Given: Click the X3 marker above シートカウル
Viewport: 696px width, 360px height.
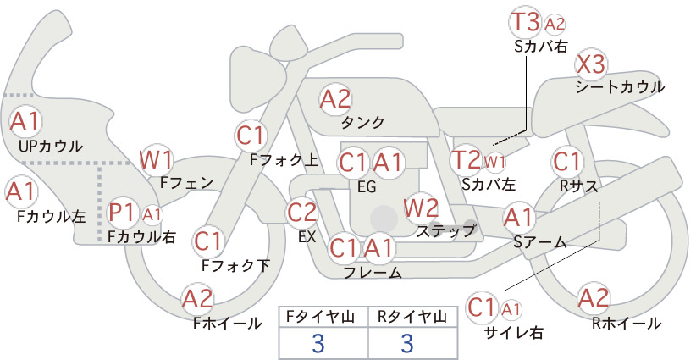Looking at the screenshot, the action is (591, 65).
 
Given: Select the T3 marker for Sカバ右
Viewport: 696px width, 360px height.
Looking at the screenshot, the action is (525, 23).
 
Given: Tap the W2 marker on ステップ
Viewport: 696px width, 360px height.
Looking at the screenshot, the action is (421, 208).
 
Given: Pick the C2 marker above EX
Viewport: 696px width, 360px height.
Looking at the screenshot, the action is (302, 213).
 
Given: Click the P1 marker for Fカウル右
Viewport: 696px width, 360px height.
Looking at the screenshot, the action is (122, 213).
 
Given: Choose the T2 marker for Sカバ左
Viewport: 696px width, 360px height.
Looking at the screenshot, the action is (466, 160).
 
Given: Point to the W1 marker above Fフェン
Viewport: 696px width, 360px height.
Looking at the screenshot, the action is (156, 160).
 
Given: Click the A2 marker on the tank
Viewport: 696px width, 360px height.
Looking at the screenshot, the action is (335, 99).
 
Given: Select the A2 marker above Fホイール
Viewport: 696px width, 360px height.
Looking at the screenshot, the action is (197, 299).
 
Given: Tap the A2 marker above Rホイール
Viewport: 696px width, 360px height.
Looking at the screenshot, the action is (593, 298).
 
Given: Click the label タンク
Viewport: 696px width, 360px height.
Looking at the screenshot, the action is (362, 122).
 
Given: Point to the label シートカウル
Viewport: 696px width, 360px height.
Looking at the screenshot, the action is (620, 87).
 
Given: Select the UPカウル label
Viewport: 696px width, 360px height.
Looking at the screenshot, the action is (51, 146).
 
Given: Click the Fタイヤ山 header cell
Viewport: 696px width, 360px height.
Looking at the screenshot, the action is (323, 317).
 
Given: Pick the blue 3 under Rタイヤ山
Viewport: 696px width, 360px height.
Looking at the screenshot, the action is (407, 343).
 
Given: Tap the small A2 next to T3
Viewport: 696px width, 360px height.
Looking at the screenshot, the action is (555, 24).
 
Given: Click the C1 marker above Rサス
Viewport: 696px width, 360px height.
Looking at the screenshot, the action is (566, 162).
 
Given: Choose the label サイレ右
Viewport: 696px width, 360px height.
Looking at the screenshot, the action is (515, 333).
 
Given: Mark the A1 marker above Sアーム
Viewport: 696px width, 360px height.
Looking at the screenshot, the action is (518, 218).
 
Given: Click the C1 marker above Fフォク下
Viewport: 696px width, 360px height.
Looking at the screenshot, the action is (208, 241).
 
